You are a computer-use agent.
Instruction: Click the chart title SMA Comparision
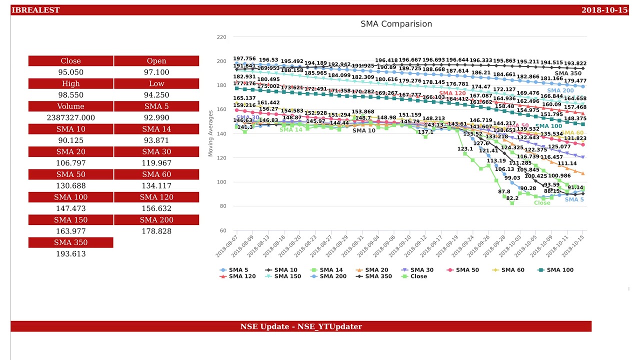coord(396,24)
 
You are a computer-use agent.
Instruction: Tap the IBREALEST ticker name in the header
coord(35,10)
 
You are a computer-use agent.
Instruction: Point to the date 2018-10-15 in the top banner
coord(604,10)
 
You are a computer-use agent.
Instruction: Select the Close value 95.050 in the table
coord(70,72)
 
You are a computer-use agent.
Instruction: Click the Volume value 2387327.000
coord(70,118)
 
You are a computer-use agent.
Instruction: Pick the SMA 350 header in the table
coord(70,242)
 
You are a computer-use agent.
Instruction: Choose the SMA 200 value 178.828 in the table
coord(156,231)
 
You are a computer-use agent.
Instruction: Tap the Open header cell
coord(156,61)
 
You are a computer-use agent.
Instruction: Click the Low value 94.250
coord(156,95)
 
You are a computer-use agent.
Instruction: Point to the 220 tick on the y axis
coord(221,37)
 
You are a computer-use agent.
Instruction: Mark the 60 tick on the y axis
coord(223,230)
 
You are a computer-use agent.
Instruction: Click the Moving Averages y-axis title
coord(210,133)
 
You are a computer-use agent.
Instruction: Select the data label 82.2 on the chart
coord(511,198)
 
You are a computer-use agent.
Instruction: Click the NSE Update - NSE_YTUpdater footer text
coord(301,326)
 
